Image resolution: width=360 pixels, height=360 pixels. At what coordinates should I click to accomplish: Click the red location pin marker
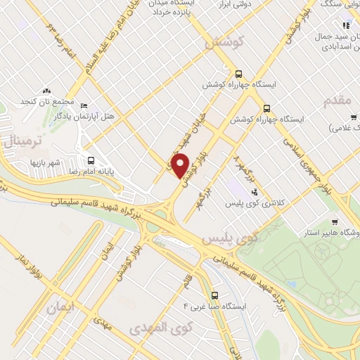tap(181, 166)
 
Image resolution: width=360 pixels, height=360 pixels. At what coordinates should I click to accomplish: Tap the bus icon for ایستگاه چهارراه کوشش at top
tap(239, 72)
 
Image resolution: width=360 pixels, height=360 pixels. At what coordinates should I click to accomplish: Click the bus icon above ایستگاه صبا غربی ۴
tap(214, 295)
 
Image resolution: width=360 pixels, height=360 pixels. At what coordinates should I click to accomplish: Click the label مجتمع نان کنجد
tap(47, 102)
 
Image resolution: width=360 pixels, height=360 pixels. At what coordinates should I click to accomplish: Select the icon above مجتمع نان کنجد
tap(47, 91)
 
